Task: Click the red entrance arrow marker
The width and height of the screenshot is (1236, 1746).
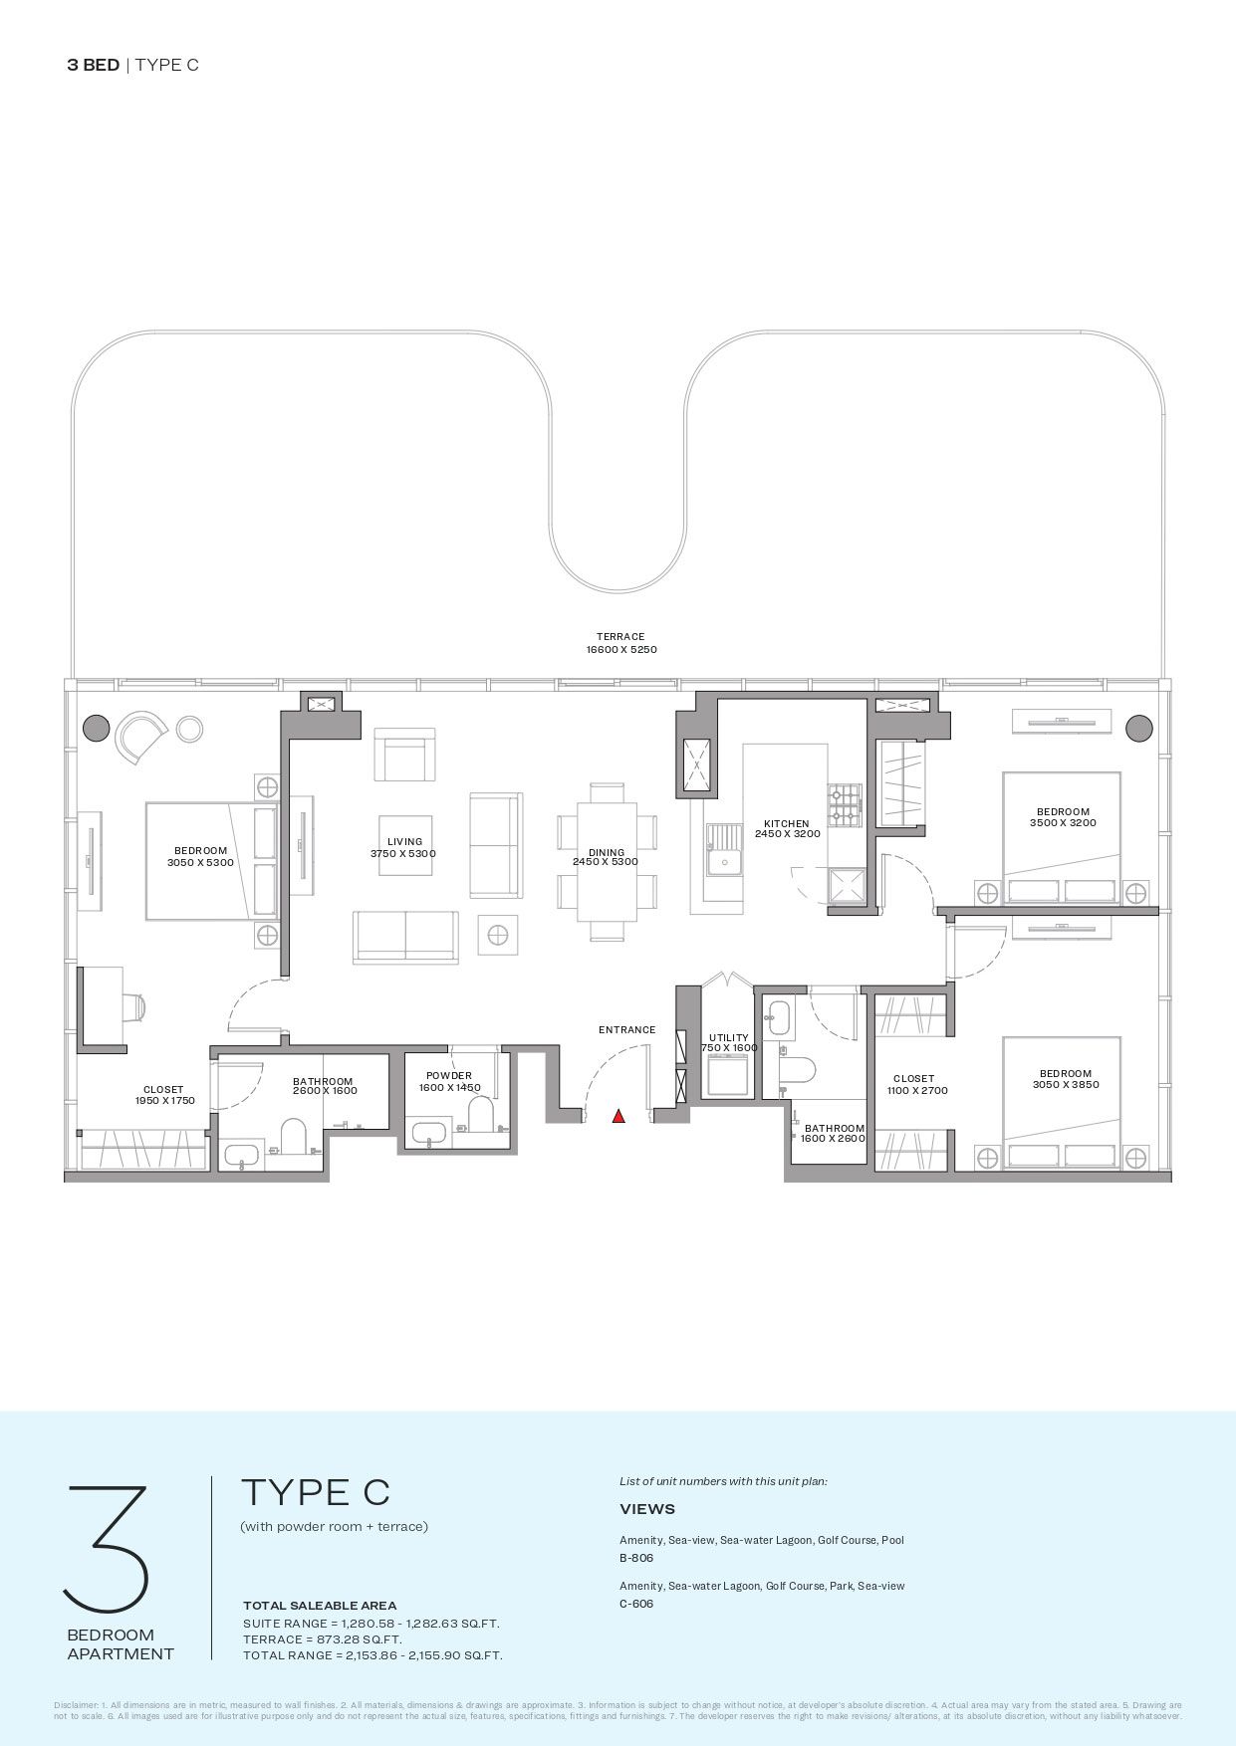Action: pyautogui.click(x=618, y=1116)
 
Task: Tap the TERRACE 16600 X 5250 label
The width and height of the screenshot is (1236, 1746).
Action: pyautogui.click(x=620, y=643)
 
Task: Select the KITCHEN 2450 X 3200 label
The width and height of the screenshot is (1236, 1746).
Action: pyautogui.click(x=787, y=828)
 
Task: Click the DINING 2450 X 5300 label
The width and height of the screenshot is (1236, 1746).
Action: pyautogui.click(x=606, y=857)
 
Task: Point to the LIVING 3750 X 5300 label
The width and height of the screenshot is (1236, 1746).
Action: pyautogui.click(x=404, y=848)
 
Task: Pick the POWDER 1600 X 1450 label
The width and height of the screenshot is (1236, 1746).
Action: pyautogui.click(x=449, y=1081)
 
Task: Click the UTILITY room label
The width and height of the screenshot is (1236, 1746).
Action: pyautogui.click(x=729, y=1042)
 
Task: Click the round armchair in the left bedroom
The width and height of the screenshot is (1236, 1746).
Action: pyautogui.click(x=140, y=736)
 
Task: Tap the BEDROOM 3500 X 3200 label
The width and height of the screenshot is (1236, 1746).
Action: pyautogui.click(x=1063, y=817)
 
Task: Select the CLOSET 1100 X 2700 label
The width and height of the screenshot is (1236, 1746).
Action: pyautogui.click(x=915, y=1084)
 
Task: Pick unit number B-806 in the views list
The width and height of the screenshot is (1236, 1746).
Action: pyautogui.click(x=636, y=1558)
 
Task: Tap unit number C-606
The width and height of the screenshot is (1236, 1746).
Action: pyautogui.click(x=636, y=1604)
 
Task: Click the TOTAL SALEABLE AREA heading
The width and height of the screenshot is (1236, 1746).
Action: pyautogui.click(x=320, y=1605)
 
